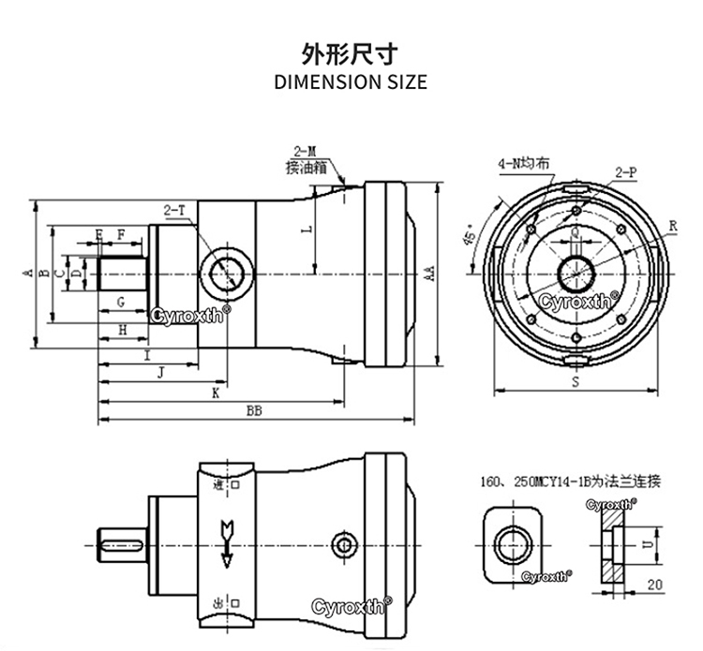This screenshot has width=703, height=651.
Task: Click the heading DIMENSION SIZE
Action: (x=351, y=81)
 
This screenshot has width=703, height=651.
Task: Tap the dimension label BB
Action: (x=254, y=410)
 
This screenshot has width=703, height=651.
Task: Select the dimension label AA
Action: (x=428, y=274)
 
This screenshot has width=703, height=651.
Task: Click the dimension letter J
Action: (x=162, y=373)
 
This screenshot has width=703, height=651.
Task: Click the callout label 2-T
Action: (x=174, y=211)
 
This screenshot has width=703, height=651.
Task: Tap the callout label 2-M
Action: (x=306, y=151)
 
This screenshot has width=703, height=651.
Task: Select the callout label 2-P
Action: (x=626, y=172)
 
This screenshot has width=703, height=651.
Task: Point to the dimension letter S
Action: (x=575, y=383)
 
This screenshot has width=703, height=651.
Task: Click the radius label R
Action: (x=672, y=226)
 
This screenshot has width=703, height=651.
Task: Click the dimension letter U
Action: (x=645, y=540)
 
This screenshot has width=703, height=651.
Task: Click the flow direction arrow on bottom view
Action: (x=226, y=543)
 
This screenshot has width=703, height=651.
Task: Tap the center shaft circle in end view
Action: (x=574, y=274)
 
